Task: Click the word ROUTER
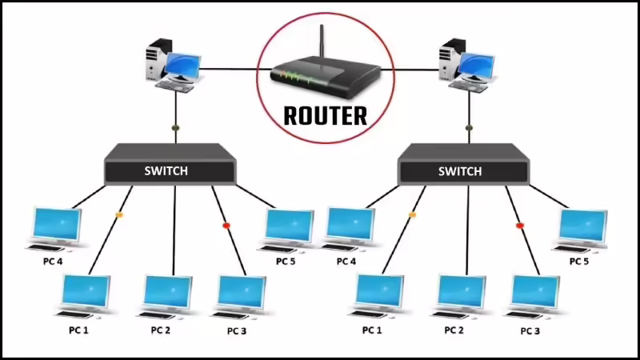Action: click(326, 116)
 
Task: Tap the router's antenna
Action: click(322, 42)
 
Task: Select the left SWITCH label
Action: click(166, 170)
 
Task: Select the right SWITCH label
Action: click(460, 171)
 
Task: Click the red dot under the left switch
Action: click(226, 226)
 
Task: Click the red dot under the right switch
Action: click(519, 226)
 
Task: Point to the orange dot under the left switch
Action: click(119, 214)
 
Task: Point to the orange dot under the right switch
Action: click(412, 214)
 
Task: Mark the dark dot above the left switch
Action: click(176, 128)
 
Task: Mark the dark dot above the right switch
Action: click(469, 128)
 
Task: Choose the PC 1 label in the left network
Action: click(78, 330)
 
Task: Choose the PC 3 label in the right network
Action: click(530, 331)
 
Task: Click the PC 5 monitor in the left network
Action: click(290, 226)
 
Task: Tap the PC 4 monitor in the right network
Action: click(351, 226)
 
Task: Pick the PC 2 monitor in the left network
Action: click(168, 293)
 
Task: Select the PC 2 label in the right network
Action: click(454, 330)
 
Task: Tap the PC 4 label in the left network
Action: click(53, 262)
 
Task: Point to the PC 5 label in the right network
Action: click(579, 262)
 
